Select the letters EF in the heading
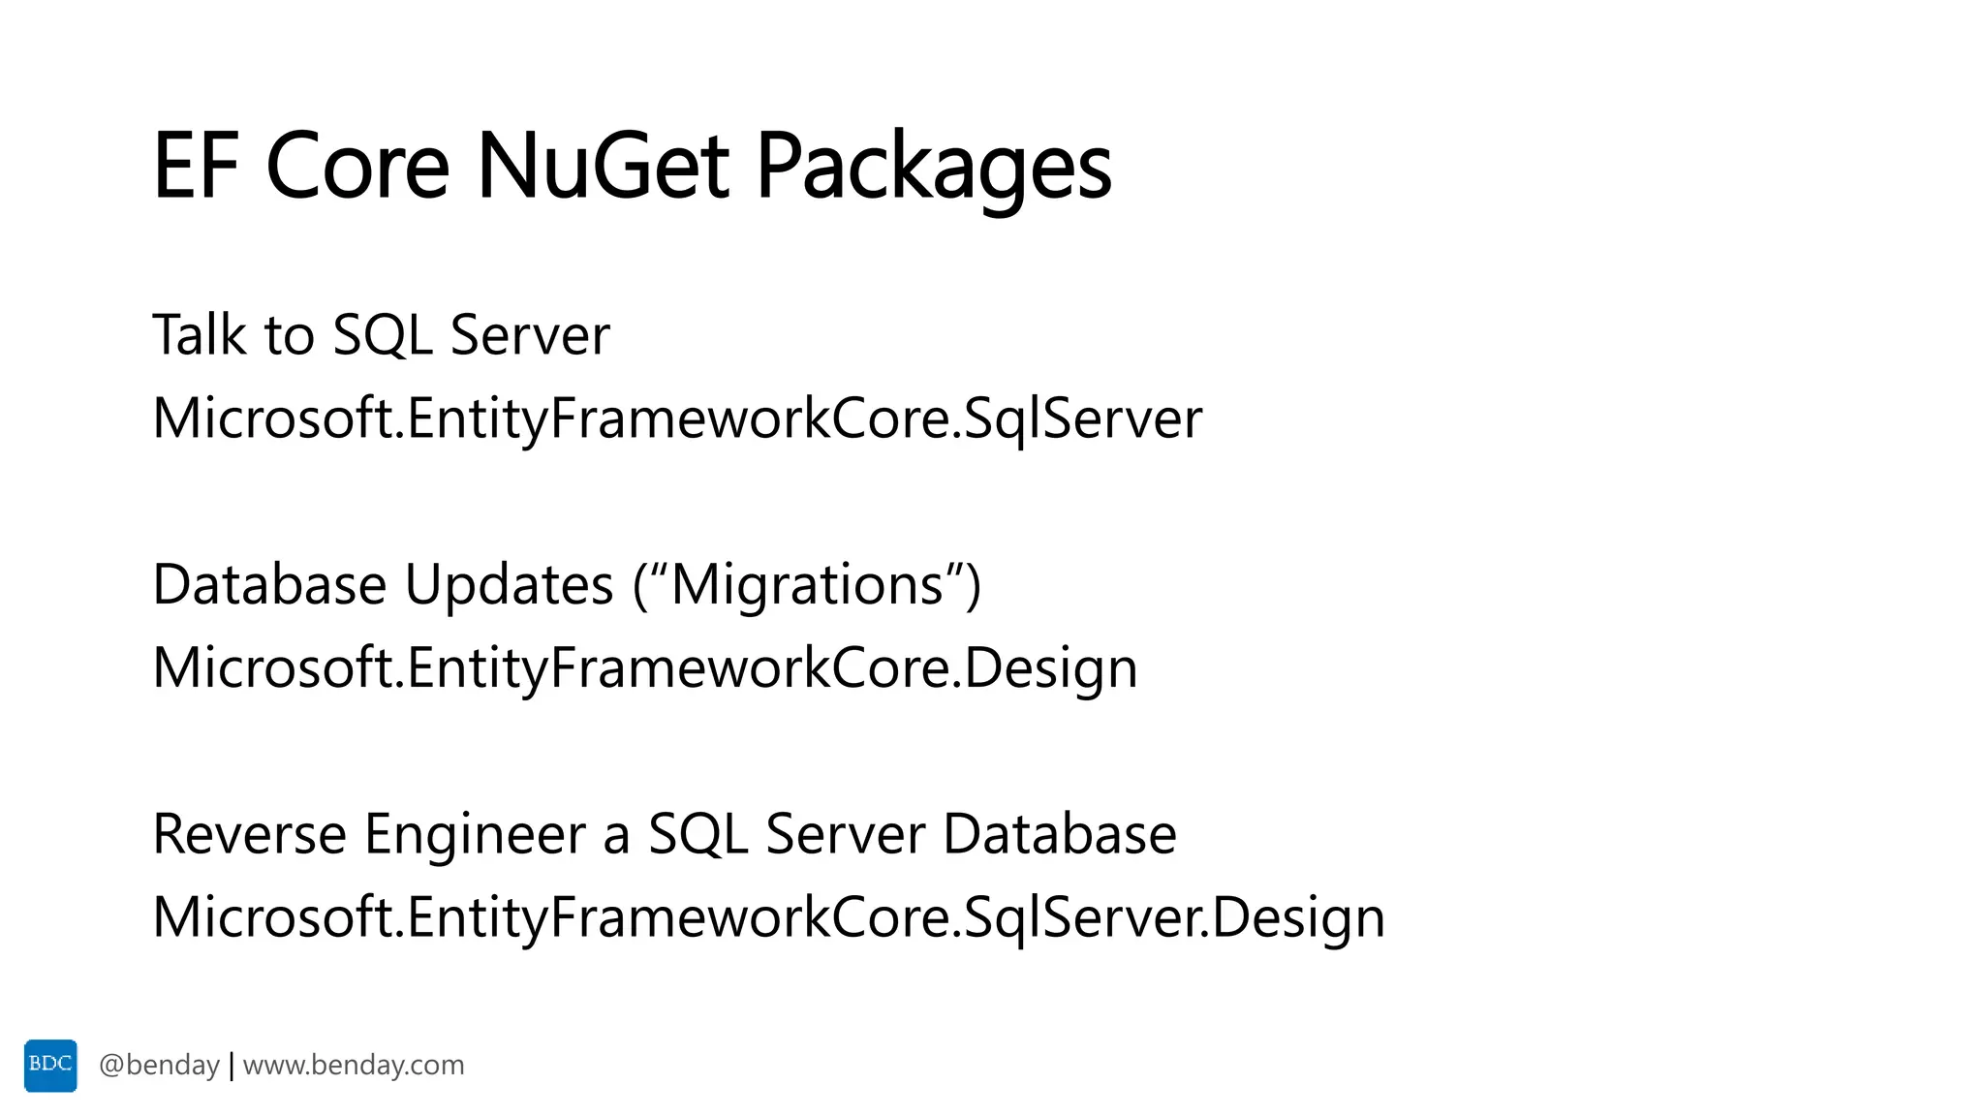pos(195,167)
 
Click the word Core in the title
pos(357,167)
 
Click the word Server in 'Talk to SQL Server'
pos(530,335)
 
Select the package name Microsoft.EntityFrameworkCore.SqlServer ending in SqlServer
pos(677,418)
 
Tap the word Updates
pos(510,585)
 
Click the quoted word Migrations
pos(807,585)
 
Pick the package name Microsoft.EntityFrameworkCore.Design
pos(645,668)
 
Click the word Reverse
pos(250,834)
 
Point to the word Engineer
pos(476,834)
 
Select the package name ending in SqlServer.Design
pos(769,917)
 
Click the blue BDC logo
pos(50,1066)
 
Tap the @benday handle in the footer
pos(159,1066)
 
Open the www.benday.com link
pos(354,1066)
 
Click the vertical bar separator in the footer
pos(232,1066)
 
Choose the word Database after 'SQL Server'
pos(1060,834)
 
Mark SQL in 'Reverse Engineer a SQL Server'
pos(697,834)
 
